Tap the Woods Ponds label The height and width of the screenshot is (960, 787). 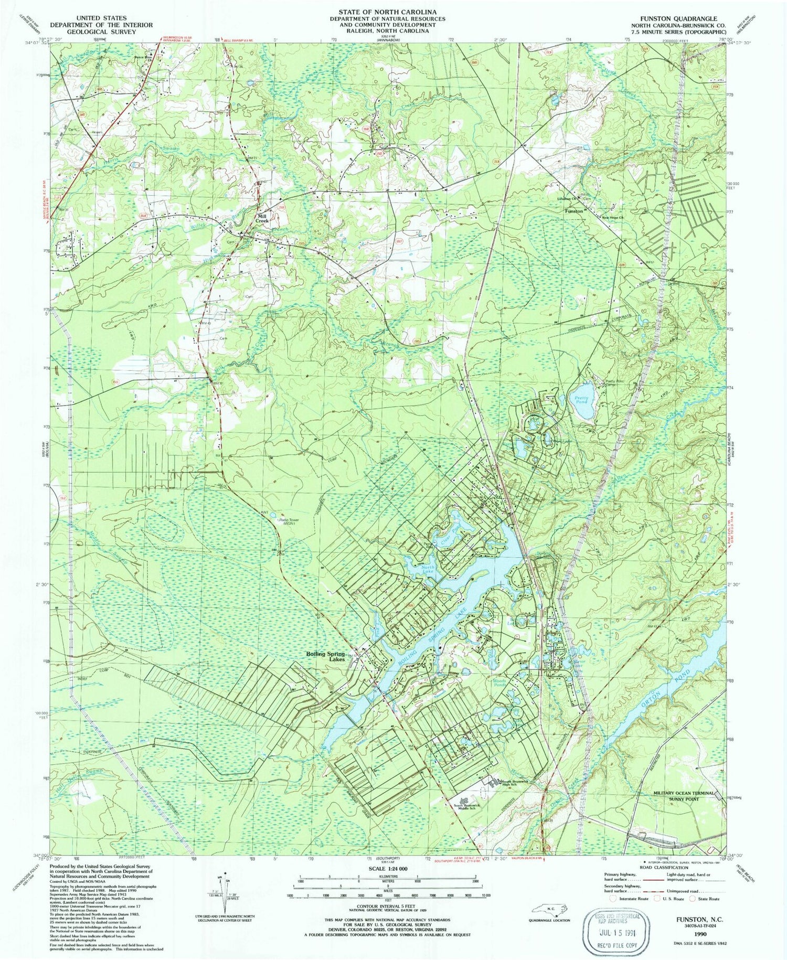click(499, 682)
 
